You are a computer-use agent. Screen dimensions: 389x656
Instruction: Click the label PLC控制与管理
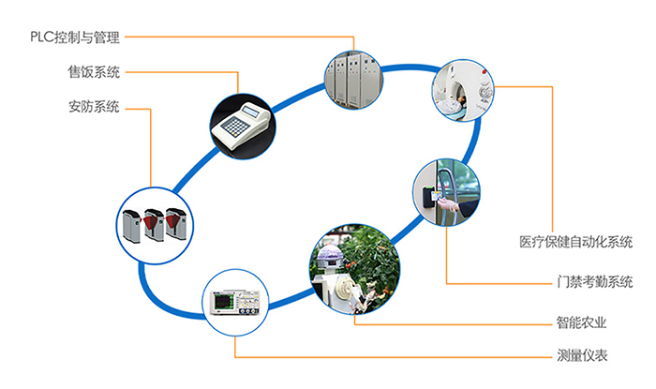(x=74, y=37)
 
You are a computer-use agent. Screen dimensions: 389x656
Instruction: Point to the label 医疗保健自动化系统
(x=575, y=242)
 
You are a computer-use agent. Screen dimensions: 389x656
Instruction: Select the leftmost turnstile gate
(x=128, y=225)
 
